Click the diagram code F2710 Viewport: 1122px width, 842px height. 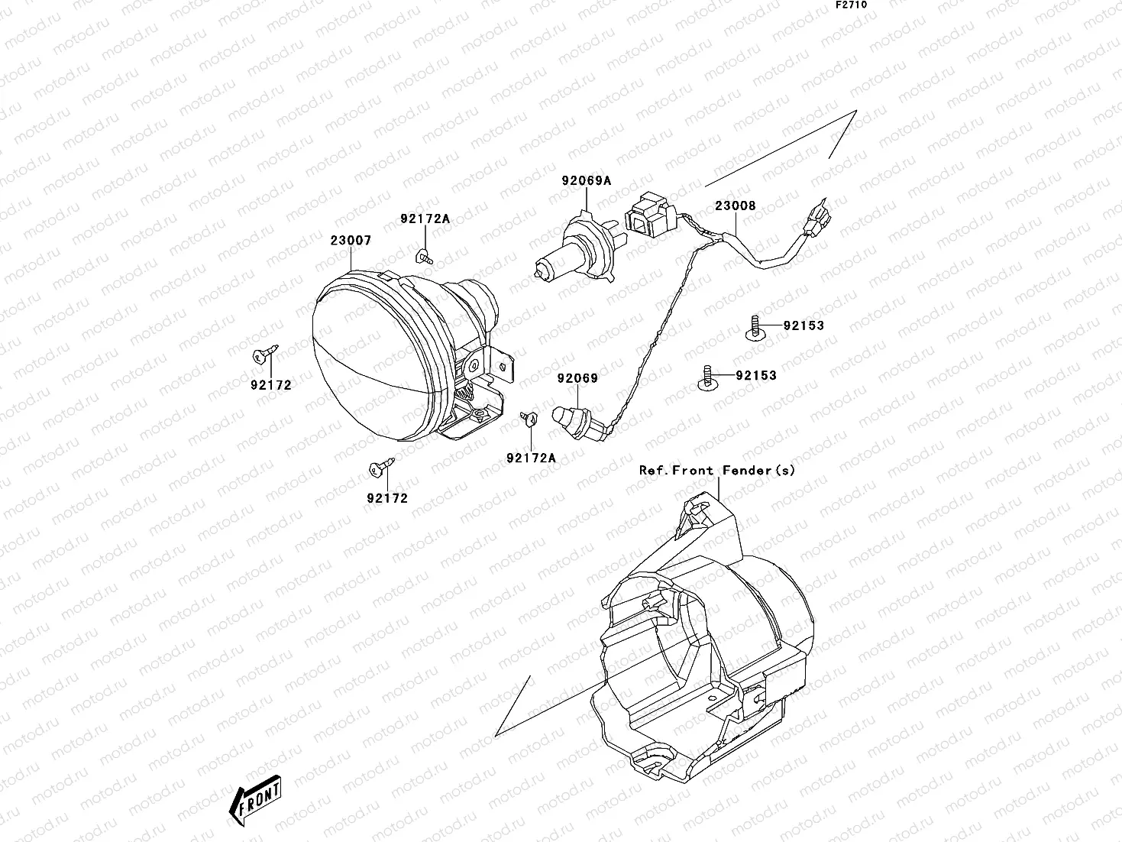[x=850, y=5]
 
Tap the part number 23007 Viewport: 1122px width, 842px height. [x=351, y=241]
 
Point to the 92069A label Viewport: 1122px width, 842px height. [x=587, y=181]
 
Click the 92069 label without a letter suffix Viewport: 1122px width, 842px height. [x=577, y=378]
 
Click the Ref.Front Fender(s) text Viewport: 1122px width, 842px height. [x=716, y=471]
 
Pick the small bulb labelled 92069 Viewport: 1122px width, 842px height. [x=573, y=419]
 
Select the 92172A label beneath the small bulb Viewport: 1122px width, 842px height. [x=531, y=458]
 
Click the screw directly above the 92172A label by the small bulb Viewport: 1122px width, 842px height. [x=526, y=417]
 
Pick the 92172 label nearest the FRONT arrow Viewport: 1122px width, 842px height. [x=387, y=498]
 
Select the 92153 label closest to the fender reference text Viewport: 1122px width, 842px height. [x=756, y=375]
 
